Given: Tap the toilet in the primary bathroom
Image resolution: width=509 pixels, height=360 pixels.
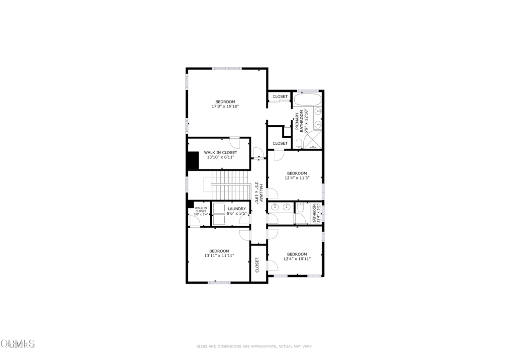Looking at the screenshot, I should (299, 144).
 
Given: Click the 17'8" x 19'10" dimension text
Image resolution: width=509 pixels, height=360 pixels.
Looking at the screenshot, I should (226, 106).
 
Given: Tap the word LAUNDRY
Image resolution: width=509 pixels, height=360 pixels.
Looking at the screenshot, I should (237, 209).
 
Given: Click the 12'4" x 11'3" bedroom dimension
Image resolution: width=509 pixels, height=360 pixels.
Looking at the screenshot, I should (297, 178).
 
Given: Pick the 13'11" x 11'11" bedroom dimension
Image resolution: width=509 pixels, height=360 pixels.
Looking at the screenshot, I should (219, 256).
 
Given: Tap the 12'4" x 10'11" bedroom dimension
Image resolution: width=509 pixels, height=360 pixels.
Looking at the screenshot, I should (297, 259).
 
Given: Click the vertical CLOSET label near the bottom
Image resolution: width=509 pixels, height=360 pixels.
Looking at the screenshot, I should (257, 265).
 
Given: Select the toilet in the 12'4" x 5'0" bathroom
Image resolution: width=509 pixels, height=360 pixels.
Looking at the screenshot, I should (300, 215).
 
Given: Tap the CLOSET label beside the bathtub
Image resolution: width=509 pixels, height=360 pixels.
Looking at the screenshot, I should (280, 96).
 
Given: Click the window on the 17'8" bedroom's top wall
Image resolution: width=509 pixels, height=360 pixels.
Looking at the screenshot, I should (227, 68).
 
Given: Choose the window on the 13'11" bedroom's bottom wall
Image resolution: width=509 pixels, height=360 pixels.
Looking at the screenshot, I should (219, 282).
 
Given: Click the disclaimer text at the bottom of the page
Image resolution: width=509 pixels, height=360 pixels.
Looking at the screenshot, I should (254, 346).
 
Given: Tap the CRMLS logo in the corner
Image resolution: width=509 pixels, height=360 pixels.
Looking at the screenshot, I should (18, 344).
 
